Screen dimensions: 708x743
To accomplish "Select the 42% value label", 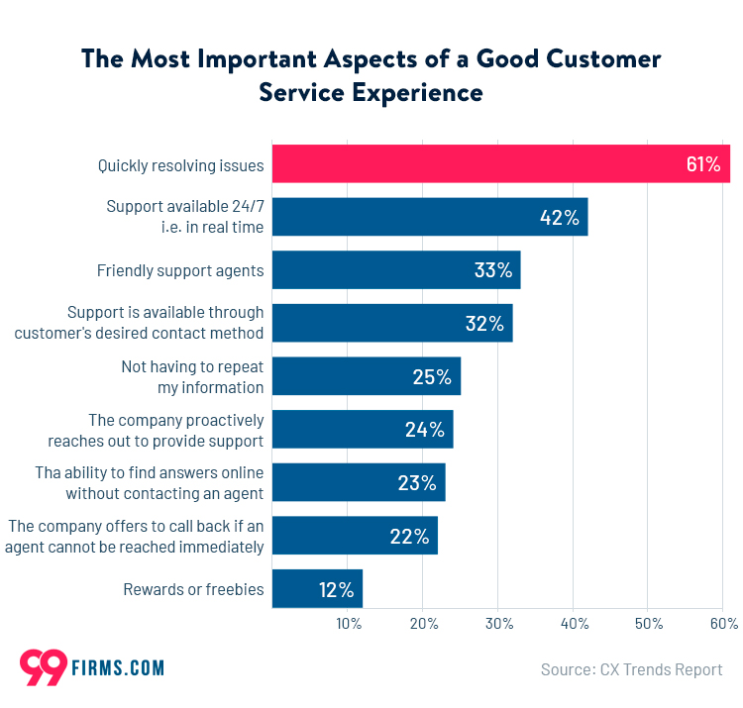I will point(559,218).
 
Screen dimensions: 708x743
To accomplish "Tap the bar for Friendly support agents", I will point(395,270).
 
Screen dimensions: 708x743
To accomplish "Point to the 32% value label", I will point(483,324).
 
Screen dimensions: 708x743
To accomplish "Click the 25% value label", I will point(432,377).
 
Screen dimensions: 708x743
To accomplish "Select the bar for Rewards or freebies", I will point(317,589).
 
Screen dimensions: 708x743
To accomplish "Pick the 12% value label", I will point(336,590).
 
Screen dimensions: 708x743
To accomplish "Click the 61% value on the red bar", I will point(702,164).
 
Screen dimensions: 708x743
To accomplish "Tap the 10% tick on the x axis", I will point(348,624).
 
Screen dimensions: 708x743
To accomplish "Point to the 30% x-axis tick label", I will point(498,624).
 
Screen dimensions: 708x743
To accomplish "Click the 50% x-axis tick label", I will point(648,624).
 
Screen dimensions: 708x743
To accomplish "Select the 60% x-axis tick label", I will point(723,624).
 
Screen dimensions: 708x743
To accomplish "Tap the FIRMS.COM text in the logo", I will point(118,668).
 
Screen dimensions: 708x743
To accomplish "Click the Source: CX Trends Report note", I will point(631,670).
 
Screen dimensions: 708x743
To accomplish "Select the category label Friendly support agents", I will point(180,270).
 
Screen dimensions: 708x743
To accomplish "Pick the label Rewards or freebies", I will point(193,589).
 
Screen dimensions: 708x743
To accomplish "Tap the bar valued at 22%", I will point(354,536).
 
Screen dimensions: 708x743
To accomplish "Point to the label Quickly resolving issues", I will point(180,165).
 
